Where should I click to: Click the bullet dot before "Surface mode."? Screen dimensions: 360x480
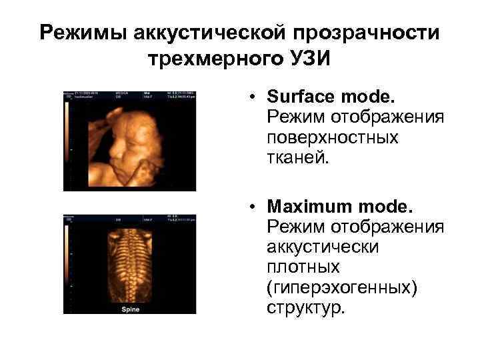point(255,97)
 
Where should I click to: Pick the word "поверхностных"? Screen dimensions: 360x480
point(332,138)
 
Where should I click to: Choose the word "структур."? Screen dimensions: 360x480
point(306,309)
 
